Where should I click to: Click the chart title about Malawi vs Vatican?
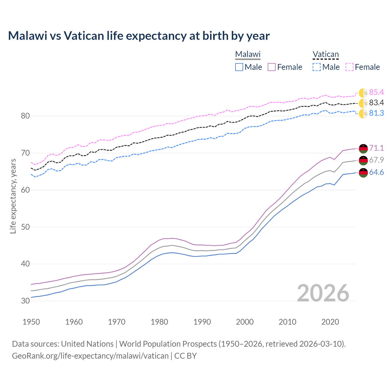click(x=139, y=36)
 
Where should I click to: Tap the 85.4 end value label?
click(x=376, y=92)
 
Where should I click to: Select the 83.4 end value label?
click(x=376, y=103)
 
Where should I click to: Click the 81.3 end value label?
click(x=376, y=113)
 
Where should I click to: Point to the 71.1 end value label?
click(x=376, y=148)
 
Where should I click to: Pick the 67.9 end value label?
click(x=376, y=160)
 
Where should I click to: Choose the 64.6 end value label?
click(x=376, y=172)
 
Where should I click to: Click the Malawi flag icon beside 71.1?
click(x=363, y=148)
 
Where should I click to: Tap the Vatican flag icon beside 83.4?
click(x=363, y=103)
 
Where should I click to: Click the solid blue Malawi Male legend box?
click(x=239, y=67)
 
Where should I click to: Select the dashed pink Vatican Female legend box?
click(x=349, y=67)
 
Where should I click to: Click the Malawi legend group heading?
click(x=248, y=54)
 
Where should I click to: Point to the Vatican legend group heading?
click(x=326, y=54)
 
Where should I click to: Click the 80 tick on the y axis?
click(x=25, y=116)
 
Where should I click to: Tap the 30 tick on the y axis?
click(x=25, y=301)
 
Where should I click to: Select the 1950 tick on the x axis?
click(x=31, y=322)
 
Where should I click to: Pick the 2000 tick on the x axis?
click(x=245, y=322)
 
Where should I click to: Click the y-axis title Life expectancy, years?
click(x=13, y=196)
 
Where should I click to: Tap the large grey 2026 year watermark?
click(x=323, y=293)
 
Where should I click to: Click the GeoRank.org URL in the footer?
click(x=90, y=356)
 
